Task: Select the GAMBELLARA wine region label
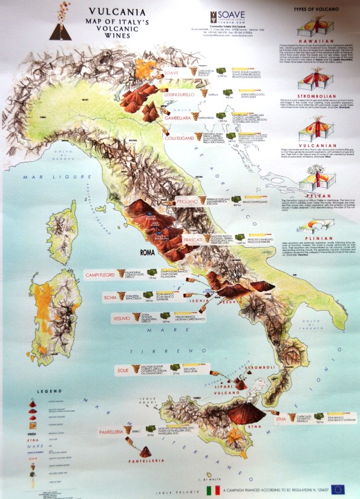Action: (x=184, y=119)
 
